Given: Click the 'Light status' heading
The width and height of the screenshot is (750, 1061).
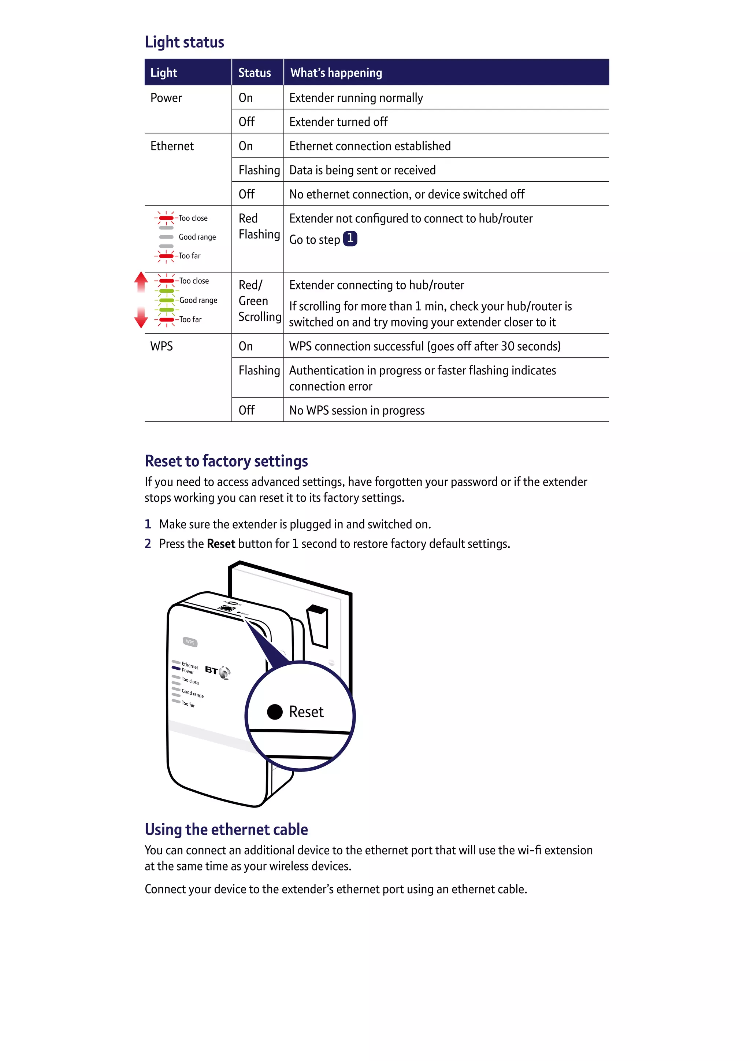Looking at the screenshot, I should point(184,42).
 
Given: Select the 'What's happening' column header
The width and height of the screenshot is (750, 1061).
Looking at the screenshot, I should point(336,73).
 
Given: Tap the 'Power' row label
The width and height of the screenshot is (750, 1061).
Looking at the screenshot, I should point(166,98).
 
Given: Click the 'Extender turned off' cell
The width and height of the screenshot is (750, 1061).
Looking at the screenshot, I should point(338,122).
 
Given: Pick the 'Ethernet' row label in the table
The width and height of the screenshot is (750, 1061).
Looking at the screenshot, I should point(172,146).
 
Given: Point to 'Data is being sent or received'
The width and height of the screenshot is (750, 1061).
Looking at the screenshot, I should point(362,170).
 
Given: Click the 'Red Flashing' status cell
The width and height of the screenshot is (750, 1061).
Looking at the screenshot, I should point(259,226).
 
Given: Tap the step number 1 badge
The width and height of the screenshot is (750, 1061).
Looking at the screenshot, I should point(350,239).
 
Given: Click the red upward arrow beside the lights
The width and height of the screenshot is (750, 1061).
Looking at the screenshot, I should point(141,281).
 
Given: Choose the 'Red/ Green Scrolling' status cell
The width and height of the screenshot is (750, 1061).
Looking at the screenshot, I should point(259,301).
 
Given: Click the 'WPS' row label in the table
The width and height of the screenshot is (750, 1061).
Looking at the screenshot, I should point(161,346).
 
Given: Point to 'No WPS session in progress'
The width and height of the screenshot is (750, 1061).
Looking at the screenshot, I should point(357,410).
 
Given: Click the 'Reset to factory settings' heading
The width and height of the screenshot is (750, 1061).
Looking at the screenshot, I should point(226,461).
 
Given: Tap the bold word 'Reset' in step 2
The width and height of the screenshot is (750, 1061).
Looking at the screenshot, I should point(221,544).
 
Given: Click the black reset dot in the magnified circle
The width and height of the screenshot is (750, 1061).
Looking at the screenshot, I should point(275,711).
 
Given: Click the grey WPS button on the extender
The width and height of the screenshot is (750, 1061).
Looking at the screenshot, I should point(190,642).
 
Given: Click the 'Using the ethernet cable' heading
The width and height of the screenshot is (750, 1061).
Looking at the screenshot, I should point(226,829).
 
